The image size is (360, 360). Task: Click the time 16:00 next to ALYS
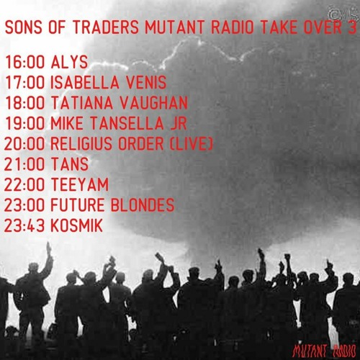(x=24, y=60)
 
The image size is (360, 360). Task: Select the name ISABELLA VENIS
(x=108, y=81)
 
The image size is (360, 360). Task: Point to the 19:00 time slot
(x=25, y=123)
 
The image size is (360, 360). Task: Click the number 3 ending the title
(x=351, y=28)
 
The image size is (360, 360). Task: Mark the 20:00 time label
(x=25, y=144)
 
